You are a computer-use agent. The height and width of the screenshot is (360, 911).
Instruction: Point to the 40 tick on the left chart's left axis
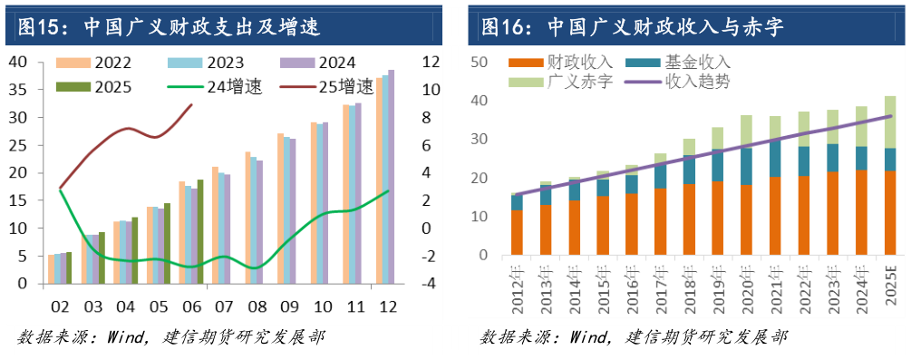18,62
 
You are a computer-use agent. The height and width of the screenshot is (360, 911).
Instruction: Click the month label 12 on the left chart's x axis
387,306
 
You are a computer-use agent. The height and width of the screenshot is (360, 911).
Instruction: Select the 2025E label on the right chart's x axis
890,288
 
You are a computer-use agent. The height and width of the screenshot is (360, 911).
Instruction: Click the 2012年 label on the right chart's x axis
517,288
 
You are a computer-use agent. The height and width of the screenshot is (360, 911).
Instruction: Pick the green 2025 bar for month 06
200,231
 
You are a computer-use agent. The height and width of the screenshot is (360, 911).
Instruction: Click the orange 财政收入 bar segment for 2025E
890,216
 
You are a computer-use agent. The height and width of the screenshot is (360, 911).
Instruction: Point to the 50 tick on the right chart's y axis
480,62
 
